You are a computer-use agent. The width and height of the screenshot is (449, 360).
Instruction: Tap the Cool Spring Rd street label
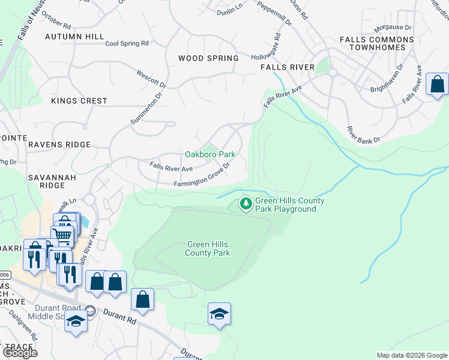tap(127, 44)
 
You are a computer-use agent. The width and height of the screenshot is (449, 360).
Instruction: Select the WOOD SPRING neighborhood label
tap(208, 58)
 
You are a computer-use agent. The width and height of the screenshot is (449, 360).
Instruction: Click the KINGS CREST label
tap(79, 101)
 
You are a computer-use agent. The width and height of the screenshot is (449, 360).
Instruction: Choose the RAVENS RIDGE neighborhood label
tap(59, 145)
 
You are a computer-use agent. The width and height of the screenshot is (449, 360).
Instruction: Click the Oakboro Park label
tap(209, 154)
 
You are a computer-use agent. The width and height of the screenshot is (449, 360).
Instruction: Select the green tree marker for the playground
tap(246, 205)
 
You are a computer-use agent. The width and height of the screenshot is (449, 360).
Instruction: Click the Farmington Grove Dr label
tap(203, 179)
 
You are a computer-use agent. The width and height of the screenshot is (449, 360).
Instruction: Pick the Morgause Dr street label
tap(392, 28)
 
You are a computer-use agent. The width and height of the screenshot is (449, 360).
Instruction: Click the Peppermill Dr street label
tap(274, 13)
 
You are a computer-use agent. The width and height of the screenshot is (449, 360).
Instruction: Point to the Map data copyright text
tap(412, 355)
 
